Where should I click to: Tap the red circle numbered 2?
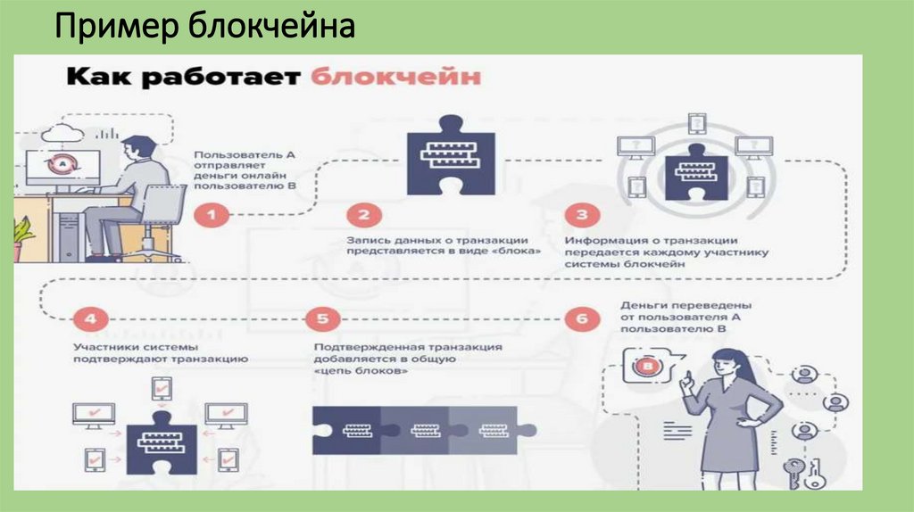click(364, 214)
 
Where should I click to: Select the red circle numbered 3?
click(581, 214)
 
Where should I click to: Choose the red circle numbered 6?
click(581, 318)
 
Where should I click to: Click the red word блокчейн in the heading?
click(396, 77)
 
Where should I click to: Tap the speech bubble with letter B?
click(650, 366)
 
